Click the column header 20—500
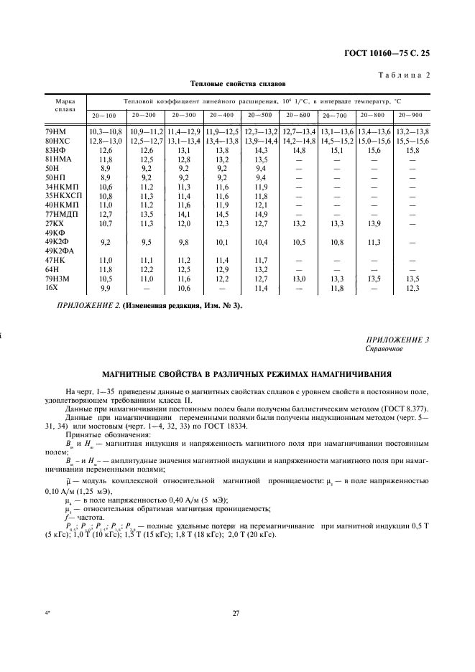click(x=259, y=115)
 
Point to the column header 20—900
click(x=412, y=115)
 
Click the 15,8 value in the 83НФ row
click(x=412, y=150)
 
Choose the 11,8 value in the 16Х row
click(x=336, y=288)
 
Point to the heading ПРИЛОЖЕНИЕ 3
click(x=397, y=340)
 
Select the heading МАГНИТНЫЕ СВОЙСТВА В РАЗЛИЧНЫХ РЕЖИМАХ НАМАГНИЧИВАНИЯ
click(x=237, y=374)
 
